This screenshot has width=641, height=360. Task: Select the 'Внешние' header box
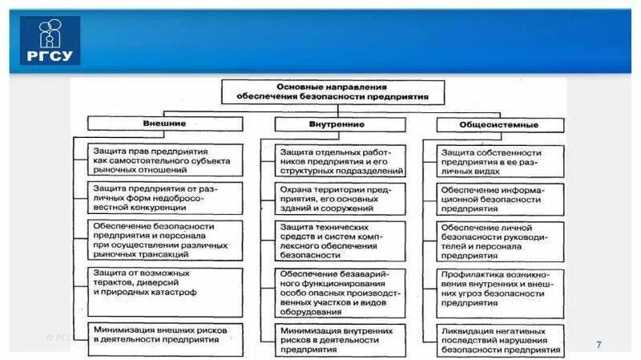point(164,124)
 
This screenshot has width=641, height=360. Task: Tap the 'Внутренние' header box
point(330,124)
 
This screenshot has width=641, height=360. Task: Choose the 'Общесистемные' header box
point(498,125)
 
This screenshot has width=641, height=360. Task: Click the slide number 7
point(598,344)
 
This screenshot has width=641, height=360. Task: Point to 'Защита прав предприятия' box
point(166,160)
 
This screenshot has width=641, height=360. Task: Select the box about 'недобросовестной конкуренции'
point(166,197)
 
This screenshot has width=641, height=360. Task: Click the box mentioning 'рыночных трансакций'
point(166,239)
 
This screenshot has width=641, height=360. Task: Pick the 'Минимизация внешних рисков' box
point(166,334)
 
